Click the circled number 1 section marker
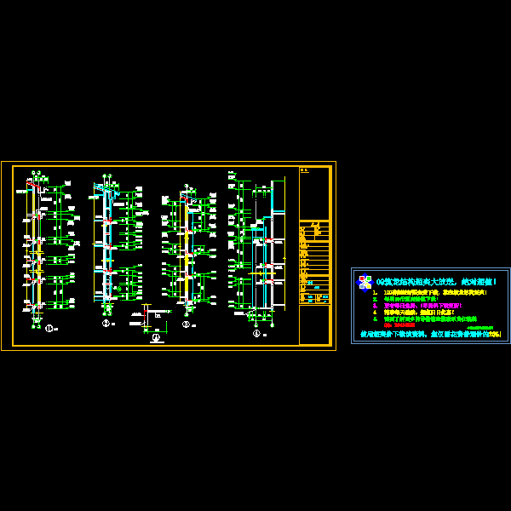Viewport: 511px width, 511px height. pyautogui.click(x=49, y=328)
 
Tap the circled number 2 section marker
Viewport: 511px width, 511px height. pyautogui.click(x=106, y=324)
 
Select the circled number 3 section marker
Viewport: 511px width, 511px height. pyautogui.click(x=186, y=324)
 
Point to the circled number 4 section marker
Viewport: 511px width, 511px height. pyautogui.click(x=256, y=333)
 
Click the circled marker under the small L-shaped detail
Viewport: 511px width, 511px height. pyautogui.click(x=156, y=337)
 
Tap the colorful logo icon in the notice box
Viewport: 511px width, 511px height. pyautogui.click(x=365, y=282)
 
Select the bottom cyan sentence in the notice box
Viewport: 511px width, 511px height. pyautogui.click(x=430, y=334)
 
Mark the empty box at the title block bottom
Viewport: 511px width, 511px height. pyautogui.click(x=313, y=324)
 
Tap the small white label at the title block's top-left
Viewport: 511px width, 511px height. pyautogui.click(x=304, y=170)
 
